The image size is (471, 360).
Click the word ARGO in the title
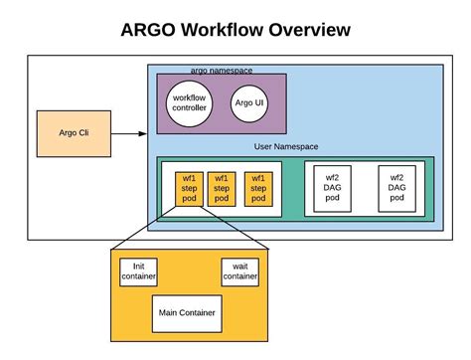pyautogui.click(x=152, y=30)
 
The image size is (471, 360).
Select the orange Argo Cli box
pyautogui.click(x=69, y=133)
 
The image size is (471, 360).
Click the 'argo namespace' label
pyautogui.click(x=220, y=69)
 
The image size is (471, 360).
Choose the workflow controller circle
pyautogui.click(x=189, y=102)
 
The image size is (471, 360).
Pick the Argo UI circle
pyautogui.click(x=248, y=102)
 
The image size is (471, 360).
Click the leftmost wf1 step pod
pyautogui.click(x=189, y=187)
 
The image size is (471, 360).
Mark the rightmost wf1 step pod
pyautogui.click(x=257, y=187)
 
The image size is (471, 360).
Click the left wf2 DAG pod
pyautogui.click(x=332, y=186)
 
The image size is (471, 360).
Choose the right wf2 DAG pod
pyautogui.click(x=396, y=186)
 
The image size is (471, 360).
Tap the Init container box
pyautogui.click(x=138, y=270)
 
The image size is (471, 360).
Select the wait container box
pyautogui.click(x=239, y=270)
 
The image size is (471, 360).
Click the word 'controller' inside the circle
pyautogui.click(x=189, y=108)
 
